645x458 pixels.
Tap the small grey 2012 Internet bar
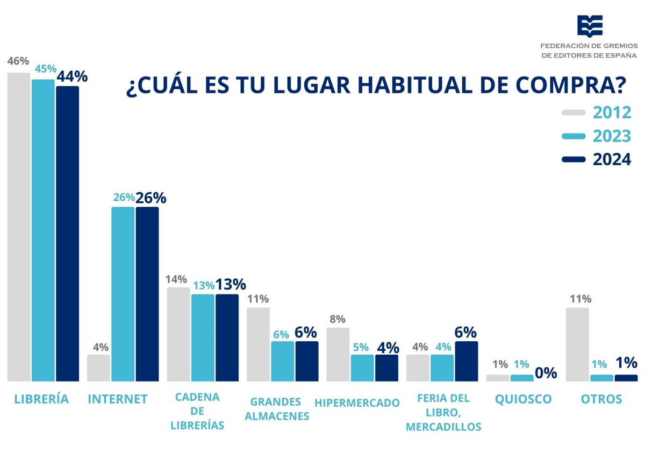pos(98,368)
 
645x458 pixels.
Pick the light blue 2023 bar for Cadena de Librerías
pos(203,338)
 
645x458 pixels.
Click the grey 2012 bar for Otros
pos(577,344)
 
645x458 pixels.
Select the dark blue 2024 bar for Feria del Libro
pos(466,361)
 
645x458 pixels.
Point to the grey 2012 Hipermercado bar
pos(338,355)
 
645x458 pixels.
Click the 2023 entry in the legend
pos(597,136)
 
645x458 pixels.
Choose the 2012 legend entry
pos(597,112)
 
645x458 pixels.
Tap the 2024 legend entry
pos(597,160)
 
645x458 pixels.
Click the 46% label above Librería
pos(18,61)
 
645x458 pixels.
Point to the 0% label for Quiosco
pos(546,373)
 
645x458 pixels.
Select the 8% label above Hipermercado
pos(338,319)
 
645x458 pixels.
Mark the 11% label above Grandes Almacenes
pos(258,299)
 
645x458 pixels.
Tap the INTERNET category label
pos(117,399)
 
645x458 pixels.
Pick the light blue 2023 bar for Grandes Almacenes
pos(282,361)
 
